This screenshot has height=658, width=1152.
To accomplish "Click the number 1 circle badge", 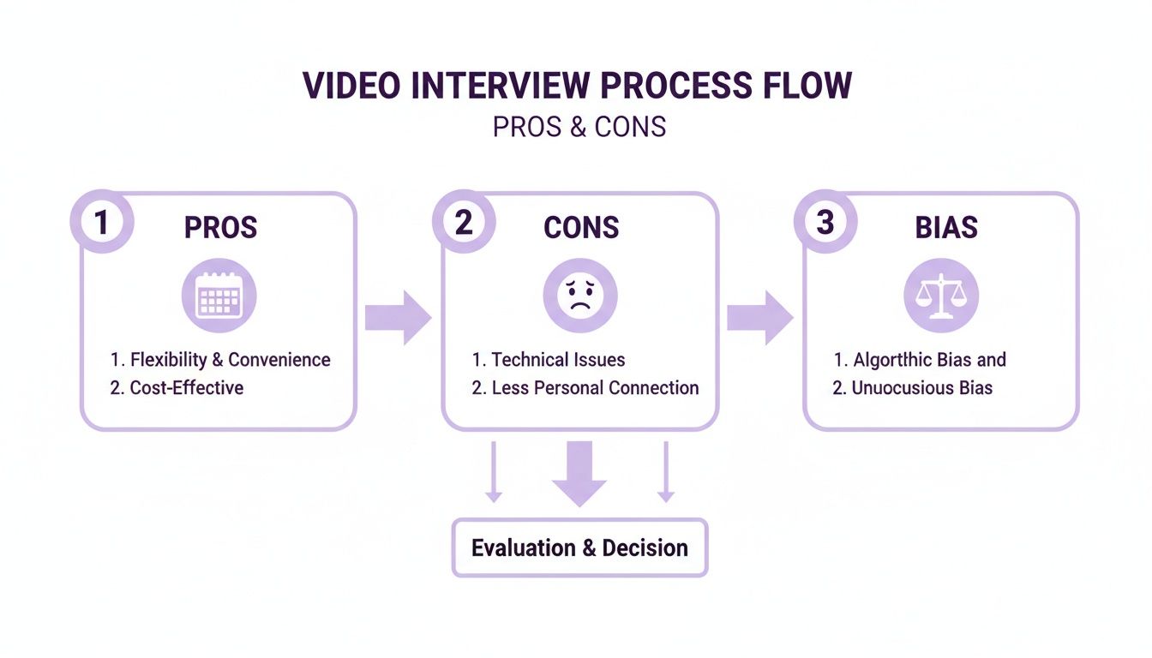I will pos(102,223).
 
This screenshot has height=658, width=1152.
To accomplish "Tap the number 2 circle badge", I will pos(464,223).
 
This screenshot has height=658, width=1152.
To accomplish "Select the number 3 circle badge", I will pos(825,223).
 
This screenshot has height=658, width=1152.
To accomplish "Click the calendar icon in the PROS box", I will pos(219,296).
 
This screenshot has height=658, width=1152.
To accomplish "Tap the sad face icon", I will pos(580,296).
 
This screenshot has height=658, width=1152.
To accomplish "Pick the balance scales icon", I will pos(941,296).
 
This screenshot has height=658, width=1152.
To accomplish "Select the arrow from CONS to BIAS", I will pos(760,318).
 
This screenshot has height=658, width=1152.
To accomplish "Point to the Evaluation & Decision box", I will pos(580,547).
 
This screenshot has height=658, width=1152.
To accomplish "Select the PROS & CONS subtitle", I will pos(579,127).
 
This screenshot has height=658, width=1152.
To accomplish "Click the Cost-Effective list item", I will pos(177,387).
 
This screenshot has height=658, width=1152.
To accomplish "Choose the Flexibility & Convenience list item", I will pos(220,360).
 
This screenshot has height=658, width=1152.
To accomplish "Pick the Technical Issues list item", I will pos(549,360).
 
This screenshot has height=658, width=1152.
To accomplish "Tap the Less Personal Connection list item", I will pos(585,387).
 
